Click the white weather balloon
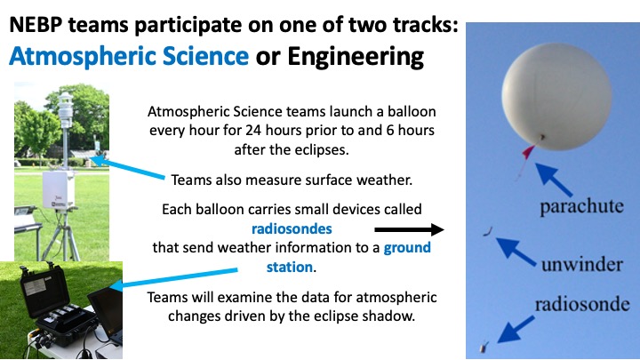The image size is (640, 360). tap(556, 97)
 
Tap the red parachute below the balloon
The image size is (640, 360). tap(527, 153)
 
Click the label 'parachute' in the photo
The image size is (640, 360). tap(581, 206)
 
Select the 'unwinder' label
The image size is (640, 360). tap(582, 265)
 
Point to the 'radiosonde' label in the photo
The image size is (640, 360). tap(582, 304)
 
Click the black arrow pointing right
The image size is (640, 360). tap(409, 230)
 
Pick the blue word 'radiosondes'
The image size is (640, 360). tap(292, 228)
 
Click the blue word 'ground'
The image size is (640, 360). tap(407, 248)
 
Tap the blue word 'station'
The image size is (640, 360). tap(290, 267)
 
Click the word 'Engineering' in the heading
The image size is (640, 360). tap(356, 56)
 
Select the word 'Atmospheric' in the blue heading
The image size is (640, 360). tap(84, 56)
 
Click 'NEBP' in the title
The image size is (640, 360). tap(36, 25)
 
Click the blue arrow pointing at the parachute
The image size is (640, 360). tap(554, 180)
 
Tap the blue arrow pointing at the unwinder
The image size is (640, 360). tap(516, 252)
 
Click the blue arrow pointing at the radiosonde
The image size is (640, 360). tap(516, 329)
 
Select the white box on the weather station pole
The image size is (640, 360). tap(59, 189)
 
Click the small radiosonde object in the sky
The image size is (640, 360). tap(484, 348)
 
